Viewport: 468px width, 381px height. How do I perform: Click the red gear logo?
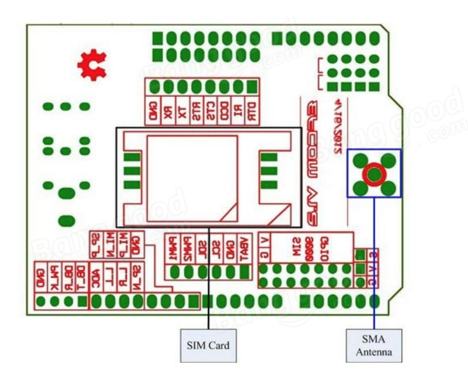pyautogui.click(x=93, y=66)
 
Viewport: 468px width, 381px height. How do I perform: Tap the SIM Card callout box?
pyautogui.click(x=208, y=345)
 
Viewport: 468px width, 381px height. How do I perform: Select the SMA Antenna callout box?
pyautogui.click(x=373, y=345)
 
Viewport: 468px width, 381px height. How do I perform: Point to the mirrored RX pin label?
pyautogui.click(x=168, y=110)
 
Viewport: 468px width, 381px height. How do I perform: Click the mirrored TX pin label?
pyautogui.click(x=182, y=110)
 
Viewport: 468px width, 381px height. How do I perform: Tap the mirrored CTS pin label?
pyautogui.click(x=210, y=110)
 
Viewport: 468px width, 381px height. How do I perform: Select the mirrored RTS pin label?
pyautogui.click(x=196, y=110)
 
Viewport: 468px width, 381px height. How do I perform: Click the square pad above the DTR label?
pyautogui.click(x=252, y=87)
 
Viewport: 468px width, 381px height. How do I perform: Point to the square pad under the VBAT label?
pyautogui.click(x=245, y=272)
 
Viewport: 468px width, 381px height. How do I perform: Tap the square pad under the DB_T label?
pyautogui.click(x=83, y=302)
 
